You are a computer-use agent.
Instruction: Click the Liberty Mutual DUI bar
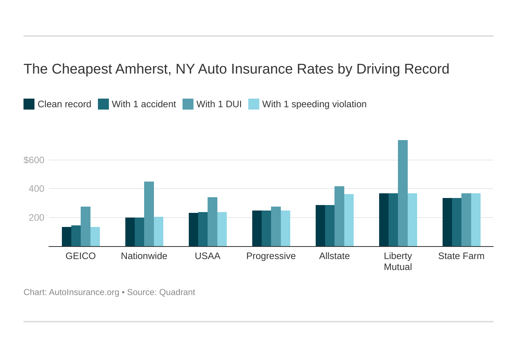coord(403,193)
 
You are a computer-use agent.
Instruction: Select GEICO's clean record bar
coord(67,237)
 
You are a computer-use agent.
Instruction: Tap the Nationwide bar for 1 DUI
coord(149,214)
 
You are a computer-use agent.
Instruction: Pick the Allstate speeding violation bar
coord(349,220)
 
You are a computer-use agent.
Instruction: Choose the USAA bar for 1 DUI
coord(212,222)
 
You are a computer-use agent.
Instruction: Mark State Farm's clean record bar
coord(447,222)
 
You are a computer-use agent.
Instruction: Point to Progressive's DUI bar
coord(276,227)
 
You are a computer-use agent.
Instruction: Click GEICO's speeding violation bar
coord(95,237)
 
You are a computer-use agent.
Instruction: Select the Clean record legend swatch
coord(29,104)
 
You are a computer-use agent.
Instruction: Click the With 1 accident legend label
coord(144,104)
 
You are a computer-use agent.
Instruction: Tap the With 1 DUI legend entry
coord(219,104)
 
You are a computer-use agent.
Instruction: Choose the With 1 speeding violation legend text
coord(314,104)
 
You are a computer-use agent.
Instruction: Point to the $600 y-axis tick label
coord(34,160)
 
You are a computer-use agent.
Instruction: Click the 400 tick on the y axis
coord(36,189)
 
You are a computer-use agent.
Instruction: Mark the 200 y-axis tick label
coord(36,218)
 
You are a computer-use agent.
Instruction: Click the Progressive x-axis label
coord(271,256)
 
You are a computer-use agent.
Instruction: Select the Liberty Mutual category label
coord(398,261)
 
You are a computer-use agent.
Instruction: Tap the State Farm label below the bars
coord(461,256)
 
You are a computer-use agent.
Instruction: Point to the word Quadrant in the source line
coord(177,292)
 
